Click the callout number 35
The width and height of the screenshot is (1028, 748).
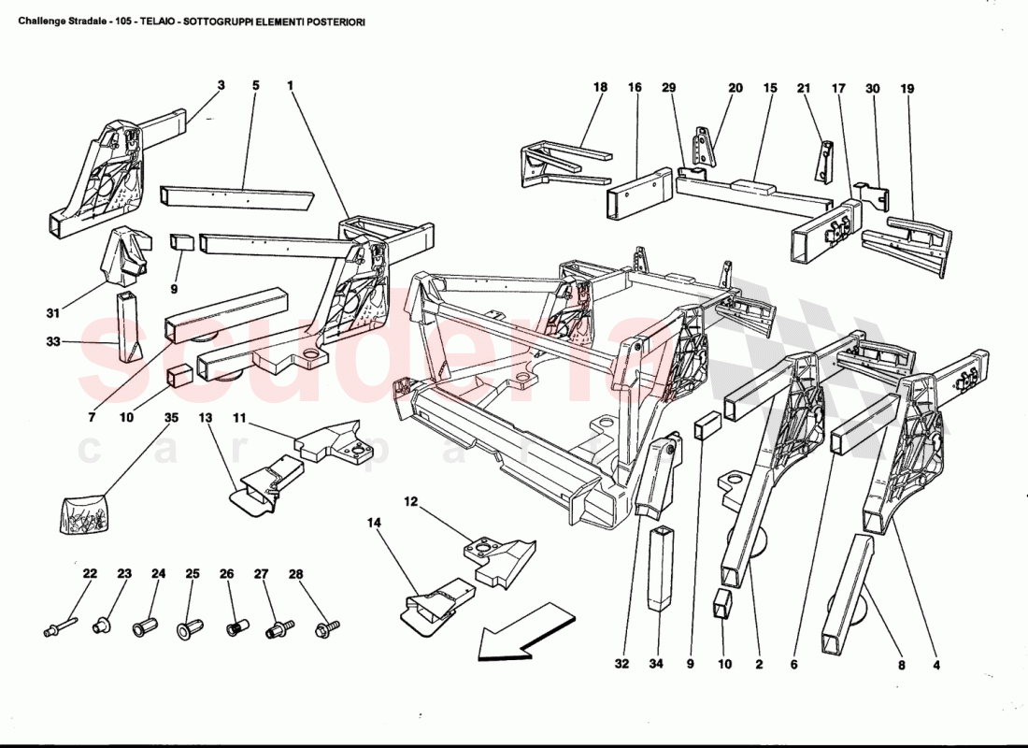pos(171,418)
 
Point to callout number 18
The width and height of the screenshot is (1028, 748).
pos(600,87)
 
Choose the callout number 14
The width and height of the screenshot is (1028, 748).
pos(375,524)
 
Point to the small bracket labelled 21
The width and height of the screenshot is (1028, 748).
pos(825,160)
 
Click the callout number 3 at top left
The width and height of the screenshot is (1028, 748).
pos(221,85)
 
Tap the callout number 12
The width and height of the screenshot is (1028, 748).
pos(410,501)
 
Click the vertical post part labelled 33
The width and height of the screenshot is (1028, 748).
pos(126,329)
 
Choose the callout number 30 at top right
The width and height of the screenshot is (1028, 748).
pos(873,88)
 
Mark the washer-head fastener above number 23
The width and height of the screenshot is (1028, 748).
pos(102,626)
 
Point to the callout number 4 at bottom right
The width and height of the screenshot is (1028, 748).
pos(935,666)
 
